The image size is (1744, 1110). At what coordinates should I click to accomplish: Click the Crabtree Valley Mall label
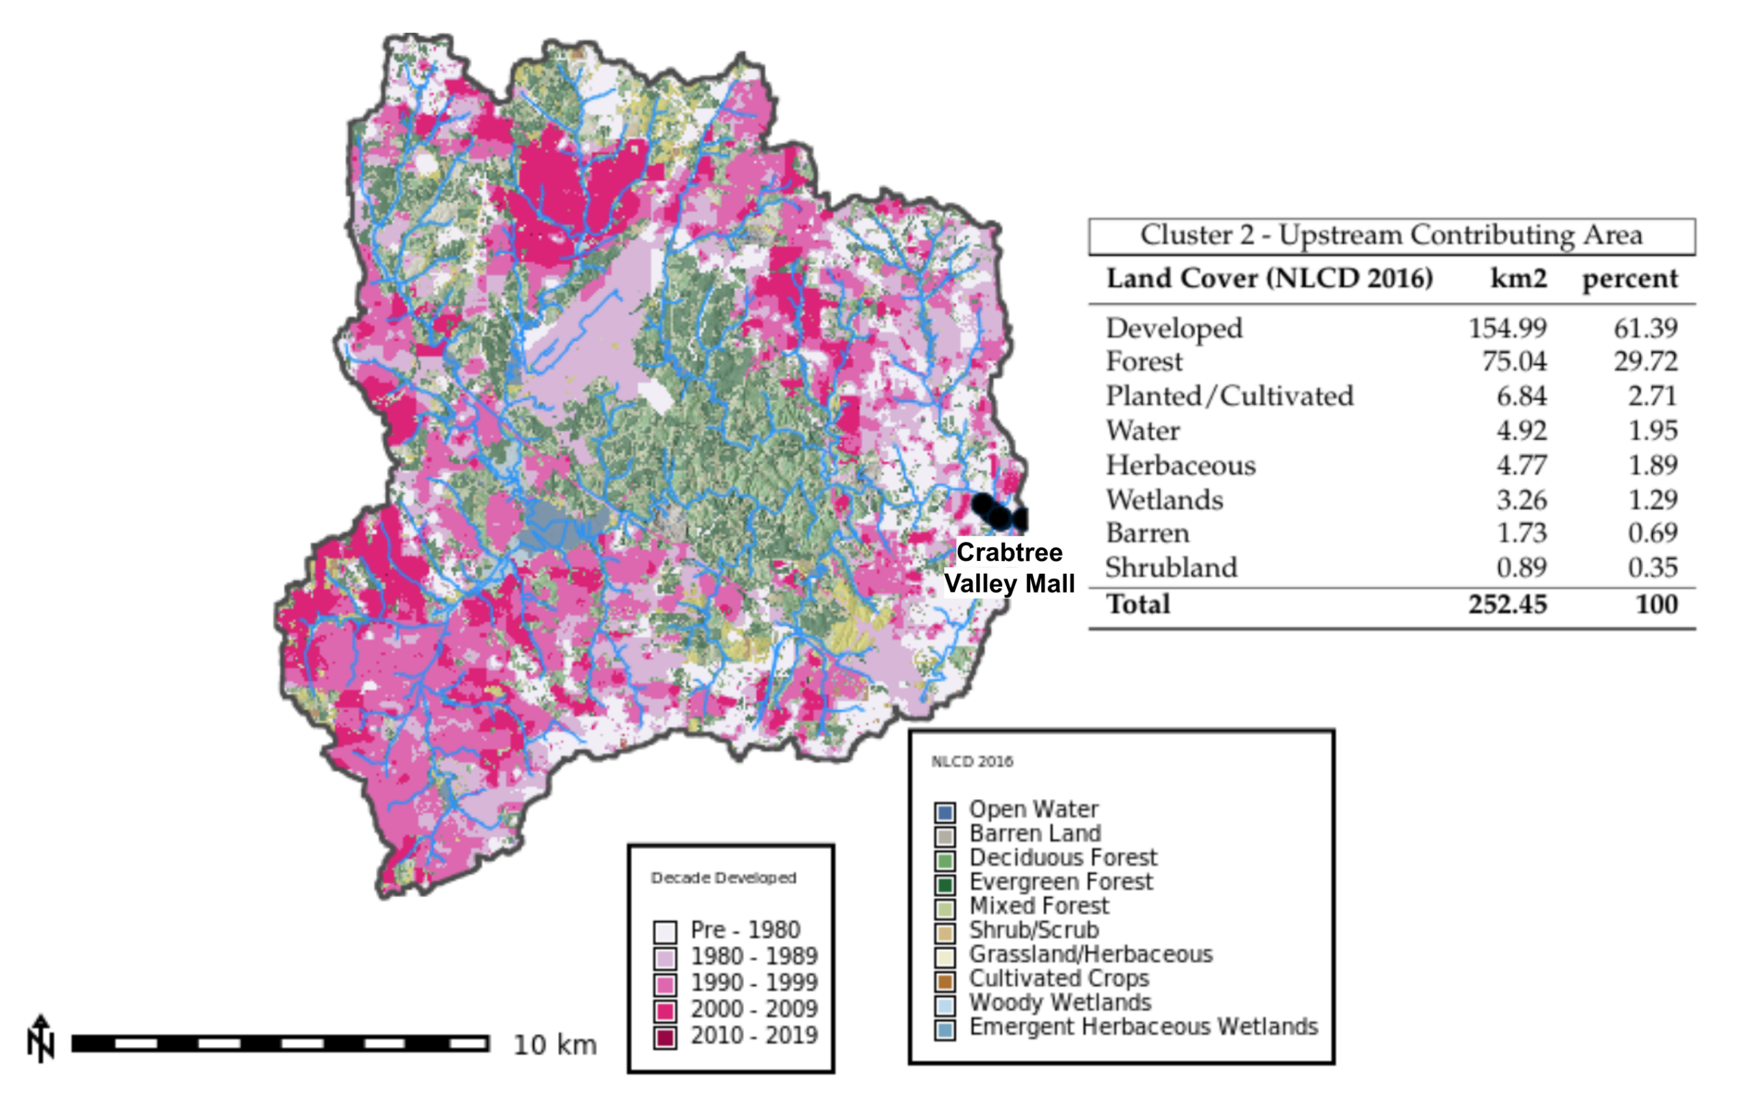coord(1009,568)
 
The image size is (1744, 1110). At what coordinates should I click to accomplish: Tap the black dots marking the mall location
coord(998,513)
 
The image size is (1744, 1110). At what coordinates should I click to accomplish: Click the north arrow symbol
coord(40,1039)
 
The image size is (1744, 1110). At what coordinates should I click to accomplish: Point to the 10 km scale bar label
coord(555,1045)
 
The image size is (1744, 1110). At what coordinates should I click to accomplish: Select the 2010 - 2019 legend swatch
coord(665,1037)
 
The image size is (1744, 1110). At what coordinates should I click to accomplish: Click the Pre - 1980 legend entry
coord(745,929)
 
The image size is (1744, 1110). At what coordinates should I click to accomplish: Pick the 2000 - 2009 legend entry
coord(753,1008)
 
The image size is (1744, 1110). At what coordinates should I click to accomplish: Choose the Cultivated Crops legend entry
coord(1059,978)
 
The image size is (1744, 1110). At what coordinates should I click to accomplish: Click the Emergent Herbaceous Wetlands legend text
coord(1143,1027)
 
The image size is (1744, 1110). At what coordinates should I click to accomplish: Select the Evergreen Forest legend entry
coord(1060,882)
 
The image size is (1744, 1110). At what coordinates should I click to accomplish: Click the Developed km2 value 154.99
coord(1507,328)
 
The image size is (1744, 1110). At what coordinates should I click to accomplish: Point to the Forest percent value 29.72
coord(1644,361)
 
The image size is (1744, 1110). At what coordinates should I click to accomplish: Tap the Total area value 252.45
coord(1507,604)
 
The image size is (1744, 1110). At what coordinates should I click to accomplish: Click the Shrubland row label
coord(1171,567)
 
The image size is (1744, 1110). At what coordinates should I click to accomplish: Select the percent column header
coord(1629,279)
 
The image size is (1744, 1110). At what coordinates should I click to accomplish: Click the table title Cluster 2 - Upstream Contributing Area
coord(1391,235)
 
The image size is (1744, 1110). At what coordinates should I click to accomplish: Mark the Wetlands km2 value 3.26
coord(1521,500)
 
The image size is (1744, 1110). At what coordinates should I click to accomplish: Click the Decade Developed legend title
coord(723,878)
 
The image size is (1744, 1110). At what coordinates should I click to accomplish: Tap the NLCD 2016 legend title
coord(972,761)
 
